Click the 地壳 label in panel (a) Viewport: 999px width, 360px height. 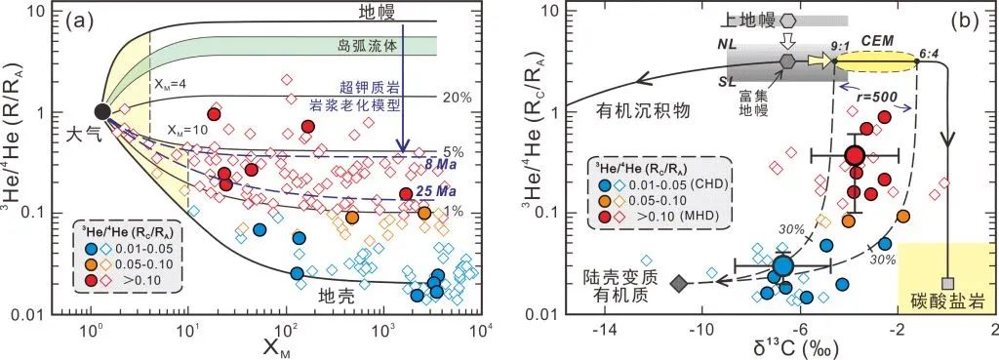339,294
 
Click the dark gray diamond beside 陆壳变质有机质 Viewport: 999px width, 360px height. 680,283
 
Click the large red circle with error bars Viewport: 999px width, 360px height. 856,156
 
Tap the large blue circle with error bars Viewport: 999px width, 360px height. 782,264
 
